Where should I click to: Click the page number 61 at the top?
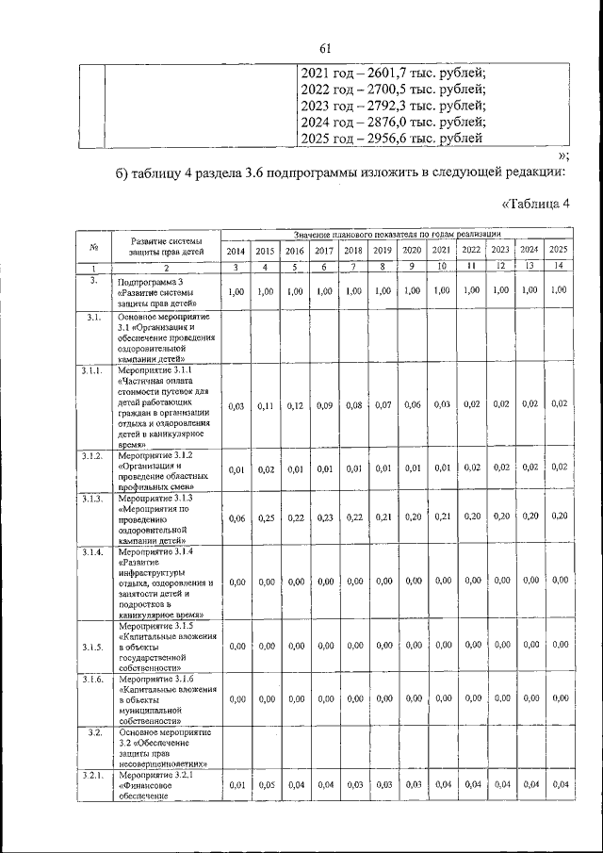point(326,48)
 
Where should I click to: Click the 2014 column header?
point(236,250)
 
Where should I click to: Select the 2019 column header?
point(382,250)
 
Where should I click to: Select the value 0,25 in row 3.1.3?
point(266,517)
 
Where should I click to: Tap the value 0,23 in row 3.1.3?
point(324,517)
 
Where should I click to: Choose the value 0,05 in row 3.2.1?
point(266,784)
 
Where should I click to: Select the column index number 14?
point(559,268)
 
